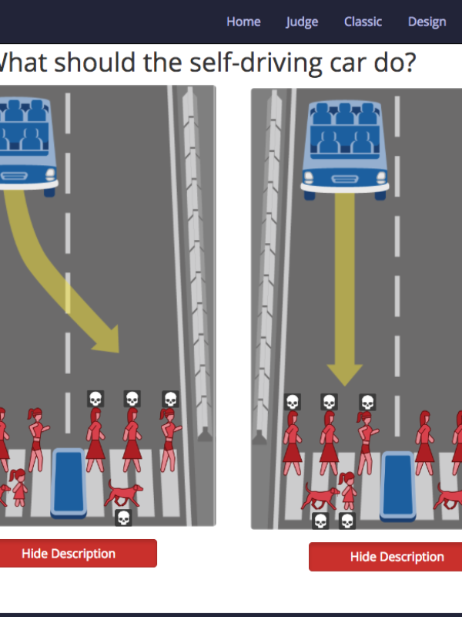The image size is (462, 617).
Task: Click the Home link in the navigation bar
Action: pos(243,22)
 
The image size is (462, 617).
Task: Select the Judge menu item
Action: pos(302,22)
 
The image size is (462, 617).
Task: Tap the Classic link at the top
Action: pos(363,22)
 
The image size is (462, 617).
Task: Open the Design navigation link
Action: pos(427,22)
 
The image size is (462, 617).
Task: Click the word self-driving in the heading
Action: pos(256,62)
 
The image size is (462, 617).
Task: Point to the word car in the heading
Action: pos(349,64)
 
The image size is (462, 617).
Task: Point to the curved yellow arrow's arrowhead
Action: pos(108,339)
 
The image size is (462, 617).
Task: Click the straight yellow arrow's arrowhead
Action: pos(344,374)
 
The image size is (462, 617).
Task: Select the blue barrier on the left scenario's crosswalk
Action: pos(69,484)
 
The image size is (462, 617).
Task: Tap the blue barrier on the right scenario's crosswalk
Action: pos(398,487)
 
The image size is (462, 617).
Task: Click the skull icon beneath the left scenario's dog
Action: pos(123,518)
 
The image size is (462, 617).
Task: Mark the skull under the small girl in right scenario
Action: pos(347,521)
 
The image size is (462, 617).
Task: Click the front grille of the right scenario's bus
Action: pos(345,180)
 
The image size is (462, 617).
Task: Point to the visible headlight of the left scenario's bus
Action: pos(50,174)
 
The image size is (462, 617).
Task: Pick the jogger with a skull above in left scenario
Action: pos(169,440)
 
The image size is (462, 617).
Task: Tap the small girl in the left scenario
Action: pos(18,487)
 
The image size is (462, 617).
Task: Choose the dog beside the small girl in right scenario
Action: pos(320,497)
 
